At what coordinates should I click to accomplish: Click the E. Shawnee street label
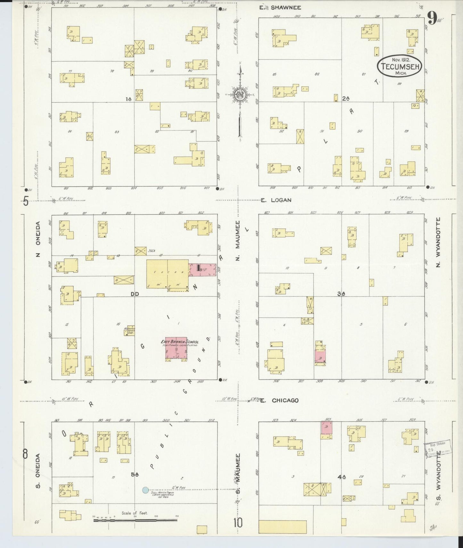[280, 7]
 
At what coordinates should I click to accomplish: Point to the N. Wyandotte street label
[438, 242]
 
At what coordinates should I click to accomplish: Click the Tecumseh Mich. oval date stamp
[399, 67]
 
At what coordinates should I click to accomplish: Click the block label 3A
[341, 293]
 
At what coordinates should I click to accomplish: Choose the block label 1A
[128, 99]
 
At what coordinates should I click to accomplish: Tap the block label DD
[134, 294]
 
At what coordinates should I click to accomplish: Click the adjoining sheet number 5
[26, 202]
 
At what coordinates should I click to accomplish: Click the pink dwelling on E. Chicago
[327, 428]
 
